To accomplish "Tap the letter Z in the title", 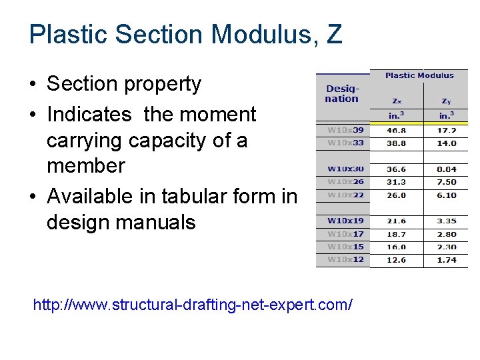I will [x=334, y=34].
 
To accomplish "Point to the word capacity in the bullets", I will [x=175, y=140].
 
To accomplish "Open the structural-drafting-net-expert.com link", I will [x=193, y=305].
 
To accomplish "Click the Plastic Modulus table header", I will [x=419, y=75].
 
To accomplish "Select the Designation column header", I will [x=342, y=94].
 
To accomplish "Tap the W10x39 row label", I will [x=345, y=131].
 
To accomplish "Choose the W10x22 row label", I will [x=345, y=195].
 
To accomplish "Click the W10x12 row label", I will [x=345, y=259].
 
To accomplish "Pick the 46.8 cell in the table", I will [x=397, y=131].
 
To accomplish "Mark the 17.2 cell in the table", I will [x=446, y=131].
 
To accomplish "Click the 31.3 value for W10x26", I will [x=397, y=182].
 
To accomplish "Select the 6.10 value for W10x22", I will [x=446, y=195].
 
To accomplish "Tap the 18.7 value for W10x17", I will [x=397, y=234].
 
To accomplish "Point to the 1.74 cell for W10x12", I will [x=446, y=260].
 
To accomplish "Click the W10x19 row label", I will [x=345, y=221].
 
